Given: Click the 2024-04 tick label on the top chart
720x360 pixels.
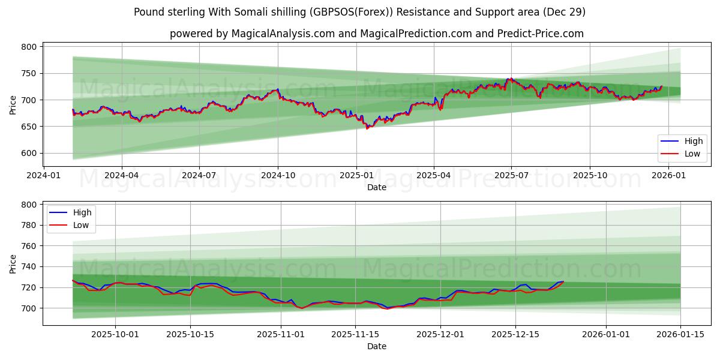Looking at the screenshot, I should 122,175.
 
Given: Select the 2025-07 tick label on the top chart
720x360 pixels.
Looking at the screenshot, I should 511,175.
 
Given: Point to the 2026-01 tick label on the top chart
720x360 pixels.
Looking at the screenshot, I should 668,175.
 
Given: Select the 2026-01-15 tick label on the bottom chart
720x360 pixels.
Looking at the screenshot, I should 680,334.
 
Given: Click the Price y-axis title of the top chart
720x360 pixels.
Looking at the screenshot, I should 13,105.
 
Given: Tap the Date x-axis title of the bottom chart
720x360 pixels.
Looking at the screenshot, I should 377,346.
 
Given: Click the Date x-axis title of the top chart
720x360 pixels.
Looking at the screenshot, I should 377,187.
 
